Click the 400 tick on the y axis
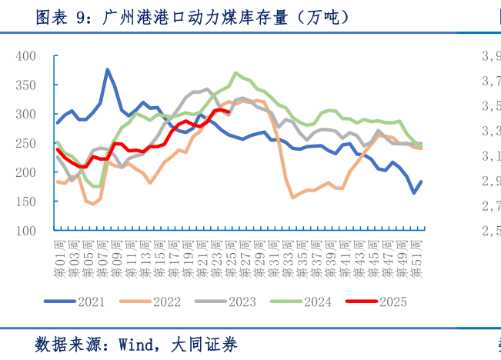tap(25, 56)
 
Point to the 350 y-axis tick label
tap(25, 85)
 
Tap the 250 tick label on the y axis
tap(25, 144)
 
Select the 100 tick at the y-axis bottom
tap(25, 231)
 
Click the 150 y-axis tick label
tap(25, 202)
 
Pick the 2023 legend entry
tap(241, 302)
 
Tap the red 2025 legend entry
tap(391, 302)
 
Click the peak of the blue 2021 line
tap(107, 70)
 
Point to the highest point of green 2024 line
tap(235, 73)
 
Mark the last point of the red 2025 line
tap(229, 113)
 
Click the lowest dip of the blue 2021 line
tap(414, 193)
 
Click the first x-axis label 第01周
tap(59, 258)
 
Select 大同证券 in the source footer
tap(205, 345)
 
